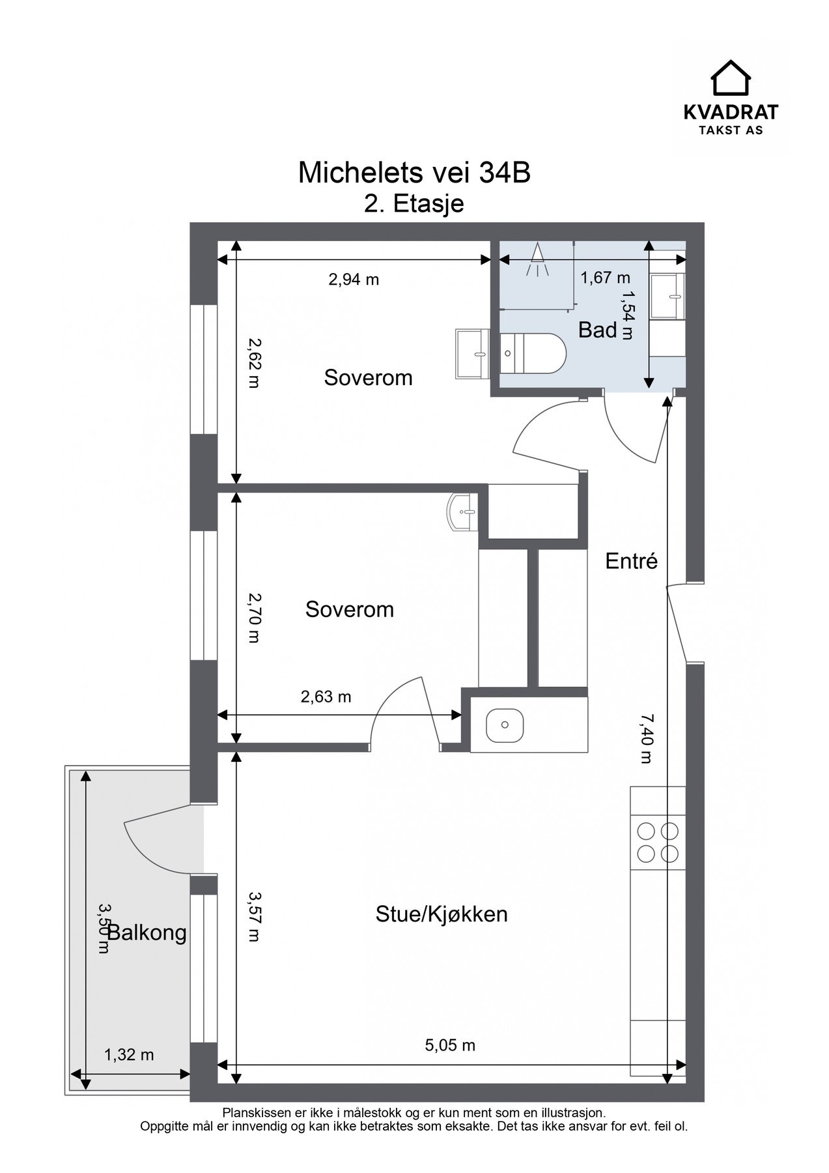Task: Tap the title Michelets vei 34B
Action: [414, 173]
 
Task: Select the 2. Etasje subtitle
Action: [414, 203]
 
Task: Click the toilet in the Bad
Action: [533, 353]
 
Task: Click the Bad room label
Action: [597, 330]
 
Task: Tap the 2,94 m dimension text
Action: [354, 280]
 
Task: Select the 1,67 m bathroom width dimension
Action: [606, 278]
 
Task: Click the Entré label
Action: [632, 560]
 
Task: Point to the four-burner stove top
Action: [658, 842]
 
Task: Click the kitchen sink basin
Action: [505, 725]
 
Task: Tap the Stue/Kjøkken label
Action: [442, 914]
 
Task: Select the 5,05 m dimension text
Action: [450, 1045]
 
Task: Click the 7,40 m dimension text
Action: [646, 738]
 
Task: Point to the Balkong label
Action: [147, 933]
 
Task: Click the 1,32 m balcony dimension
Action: [129, 1054]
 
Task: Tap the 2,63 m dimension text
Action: [326, 697]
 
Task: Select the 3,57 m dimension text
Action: [254, 917]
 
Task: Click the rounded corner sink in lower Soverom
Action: [463, 512]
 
